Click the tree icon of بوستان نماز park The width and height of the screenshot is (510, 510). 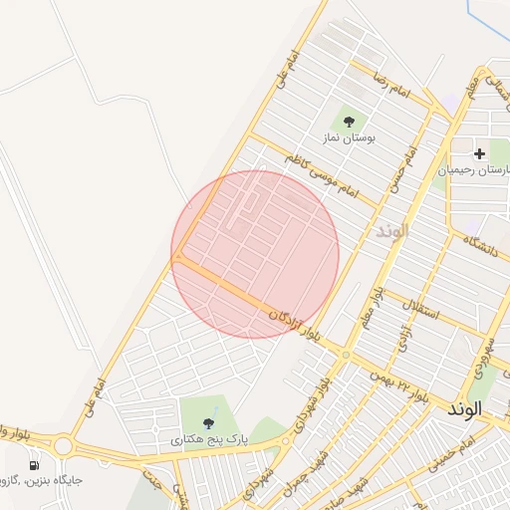click(x=348, y=121)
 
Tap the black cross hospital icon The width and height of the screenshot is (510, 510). click(x=480, y=153)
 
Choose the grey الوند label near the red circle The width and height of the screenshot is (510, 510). click(x=392, y=230)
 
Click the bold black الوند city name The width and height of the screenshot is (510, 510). click(x=465, y=408)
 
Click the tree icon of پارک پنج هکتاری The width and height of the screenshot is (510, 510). click(x=207, y=423)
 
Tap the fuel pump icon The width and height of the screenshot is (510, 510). click(x=36, y=464)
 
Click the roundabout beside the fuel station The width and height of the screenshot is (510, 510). click(x=63, y=445)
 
